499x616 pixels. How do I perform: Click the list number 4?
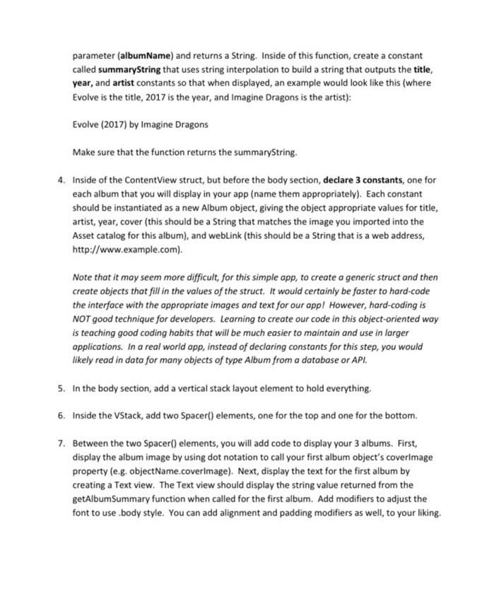tap(61, 180)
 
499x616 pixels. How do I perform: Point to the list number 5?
tap(61, 388)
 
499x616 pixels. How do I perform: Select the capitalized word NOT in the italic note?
tap(83, 319)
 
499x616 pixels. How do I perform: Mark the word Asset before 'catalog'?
tap(85, 236)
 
